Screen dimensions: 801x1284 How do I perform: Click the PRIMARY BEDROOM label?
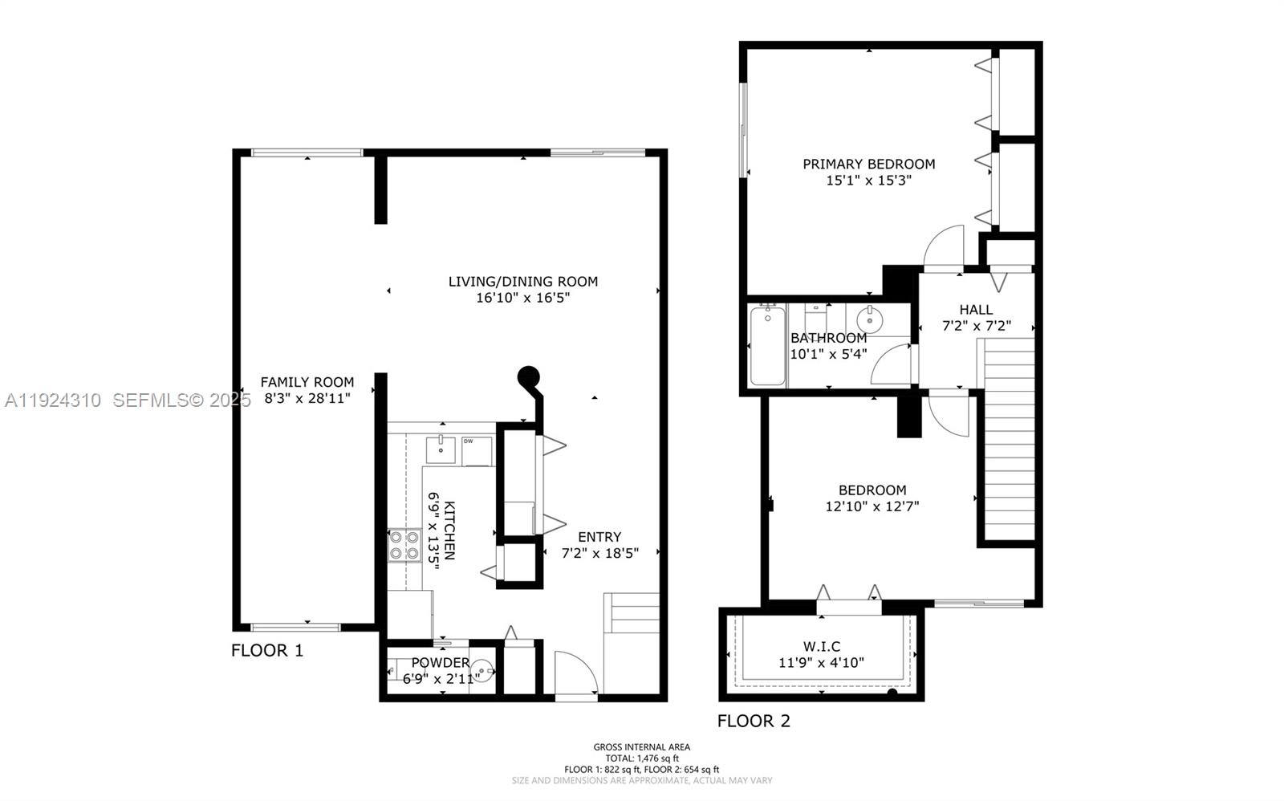pyautogui.click(x=868, y=164)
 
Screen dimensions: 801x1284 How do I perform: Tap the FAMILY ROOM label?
pyautogui.click(x=307, y=382)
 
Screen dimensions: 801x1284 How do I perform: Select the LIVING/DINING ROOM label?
pyautogui.click(x=522, y=282)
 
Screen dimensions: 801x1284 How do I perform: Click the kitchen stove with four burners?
pyautogui.click(x=404, y=546)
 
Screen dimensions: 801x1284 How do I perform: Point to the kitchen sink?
pyautogui.click(x=441, y=449)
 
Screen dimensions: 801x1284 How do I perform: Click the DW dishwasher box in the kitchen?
pyautogui.click(x=477, y=451)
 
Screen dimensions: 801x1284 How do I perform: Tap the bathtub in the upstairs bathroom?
pyautogui.click(x=766, y=345)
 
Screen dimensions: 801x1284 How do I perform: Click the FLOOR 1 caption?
pyautogui.click(x=267, y=650)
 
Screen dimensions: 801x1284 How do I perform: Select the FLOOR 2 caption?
pyautogui.click(x=754, y=721)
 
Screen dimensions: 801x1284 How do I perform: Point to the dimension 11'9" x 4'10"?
pyautogui.click(x=821, y=663)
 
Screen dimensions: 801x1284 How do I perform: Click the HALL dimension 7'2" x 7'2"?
pyautogui.click(x=976, y=326)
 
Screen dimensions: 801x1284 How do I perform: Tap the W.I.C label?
pyautogui.click(x=821, y=646)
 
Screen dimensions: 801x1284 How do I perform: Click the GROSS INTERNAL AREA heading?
pyautogui.click(x=641, y=747)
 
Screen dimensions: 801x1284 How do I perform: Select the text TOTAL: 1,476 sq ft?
pyautogui.click(x=641, y=758)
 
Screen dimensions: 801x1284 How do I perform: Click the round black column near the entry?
pyautogui.click(x=527, y=375)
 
